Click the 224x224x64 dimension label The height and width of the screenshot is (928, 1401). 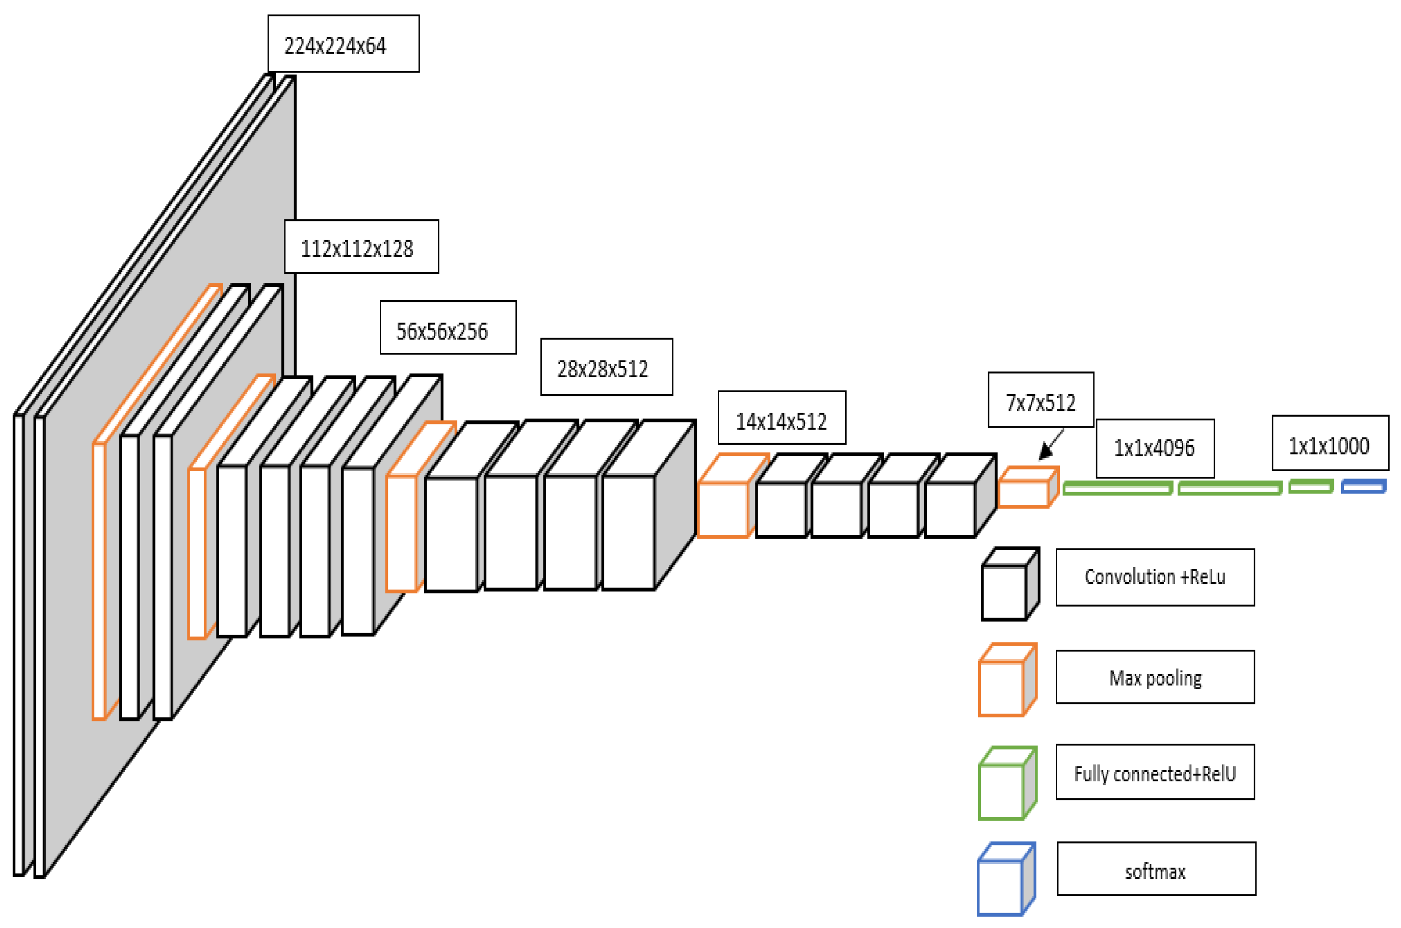click(343, 44)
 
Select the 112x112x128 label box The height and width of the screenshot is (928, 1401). click(361, 247)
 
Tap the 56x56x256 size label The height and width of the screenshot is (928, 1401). click(448, 328)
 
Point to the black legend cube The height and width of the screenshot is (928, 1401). click(1009, 585)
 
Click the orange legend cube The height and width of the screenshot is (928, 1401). click(1007, 681)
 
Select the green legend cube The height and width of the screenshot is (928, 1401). click(1007, 784)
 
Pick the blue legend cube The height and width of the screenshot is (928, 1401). click(1005, 879)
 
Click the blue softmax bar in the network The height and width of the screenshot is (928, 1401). click(1363, 487)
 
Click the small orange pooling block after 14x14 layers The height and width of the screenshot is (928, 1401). click(1027, 488)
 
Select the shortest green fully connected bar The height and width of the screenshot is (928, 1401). click(1311, 487)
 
